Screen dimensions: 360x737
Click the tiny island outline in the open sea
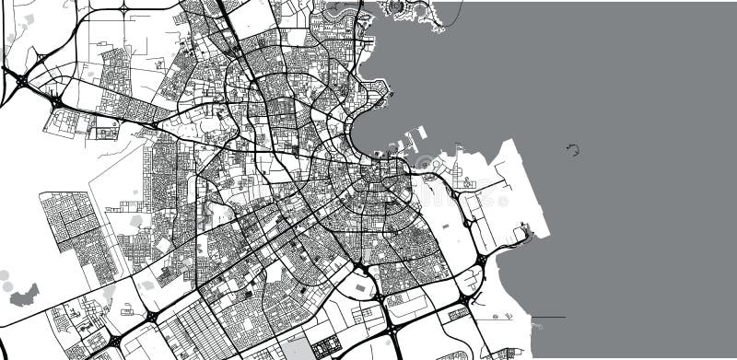click(573, 149)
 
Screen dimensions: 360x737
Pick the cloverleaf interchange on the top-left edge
click(123, 9)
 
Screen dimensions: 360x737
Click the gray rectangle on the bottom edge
click(297, 349)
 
